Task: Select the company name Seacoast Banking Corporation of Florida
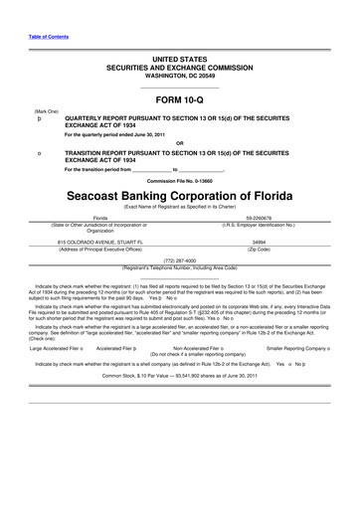(180, 198)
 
